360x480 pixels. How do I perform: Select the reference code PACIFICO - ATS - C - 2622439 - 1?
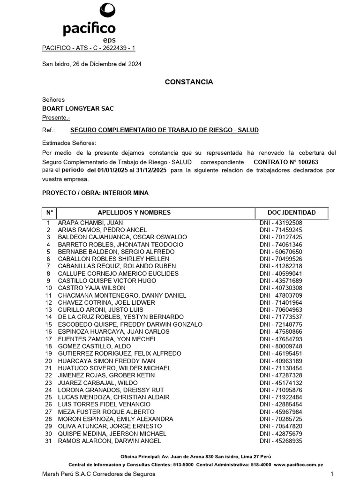tap(89, 48)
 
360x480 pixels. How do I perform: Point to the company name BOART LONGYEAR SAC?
tap(78, 109)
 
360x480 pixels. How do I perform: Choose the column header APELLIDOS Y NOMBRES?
tap(134, 213)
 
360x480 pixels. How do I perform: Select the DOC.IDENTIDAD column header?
tap(292, 213)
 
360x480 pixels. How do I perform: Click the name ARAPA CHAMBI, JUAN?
tap(90, 223)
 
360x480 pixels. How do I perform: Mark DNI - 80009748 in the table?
tap(281, 346)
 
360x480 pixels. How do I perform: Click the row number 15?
tap(48, 324)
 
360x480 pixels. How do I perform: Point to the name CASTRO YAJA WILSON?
tap(91, 288)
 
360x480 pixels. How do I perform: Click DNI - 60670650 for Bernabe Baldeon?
tap(281, 252)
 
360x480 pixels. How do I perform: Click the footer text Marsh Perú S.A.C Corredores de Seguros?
tap(98, 474)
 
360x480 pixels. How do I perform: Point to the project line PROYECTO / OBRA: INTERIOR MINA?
tap(95, 193)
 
